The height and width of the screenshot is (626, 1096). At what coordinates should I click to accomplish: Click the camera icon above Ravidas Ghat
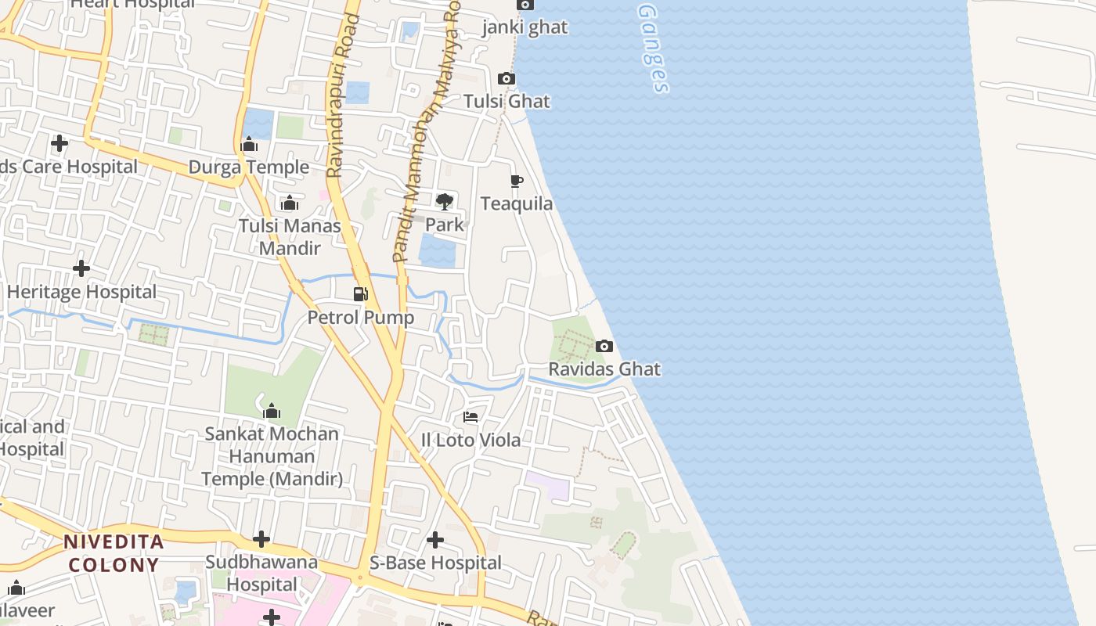604,346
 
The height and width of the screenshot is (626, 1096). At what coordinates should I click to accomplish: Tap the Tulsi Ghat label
507,101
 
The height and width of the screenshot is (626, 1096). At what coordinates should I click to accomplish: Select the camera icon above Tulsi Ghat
507,78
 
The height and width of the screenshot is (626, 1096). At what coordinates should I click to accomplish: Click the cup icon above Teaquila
517,181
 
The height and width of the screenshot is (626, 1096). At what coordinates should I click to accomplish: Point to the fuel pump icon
360,294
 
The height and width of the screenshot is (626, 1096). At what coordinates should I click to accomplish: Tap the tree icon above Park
445,201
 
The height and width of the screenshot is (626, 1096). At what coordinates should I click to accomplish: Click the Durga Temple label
249,167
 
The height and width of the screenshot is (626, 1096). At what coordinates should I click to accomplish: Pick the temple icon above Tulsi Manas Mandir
290,203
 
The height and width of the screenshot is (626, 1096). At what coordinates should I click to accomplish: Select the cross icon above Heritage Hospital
81,268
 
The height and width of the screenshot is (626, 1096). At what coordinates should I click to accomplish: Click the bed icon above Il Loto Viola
470,417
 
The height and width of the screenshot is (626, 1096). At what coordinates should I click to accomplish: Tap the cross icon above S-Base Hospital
435,540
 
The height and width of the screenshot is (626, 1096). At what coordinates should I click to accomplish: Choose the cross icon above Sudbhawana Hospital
261,539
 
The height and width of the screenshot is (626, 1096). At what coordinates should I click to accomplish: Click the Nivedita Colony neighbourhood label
114,552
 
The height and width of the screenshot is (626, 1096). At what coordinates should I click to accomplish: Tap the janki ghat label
525,27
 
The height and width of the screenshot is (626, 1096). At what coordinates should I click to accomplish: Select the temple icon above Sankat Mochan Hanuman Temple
272,411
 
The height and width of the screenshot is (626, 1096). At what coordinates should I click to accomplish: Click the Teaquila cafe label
517,203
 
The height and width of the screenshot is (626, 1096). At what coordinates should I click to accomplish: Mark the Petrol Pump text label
360,318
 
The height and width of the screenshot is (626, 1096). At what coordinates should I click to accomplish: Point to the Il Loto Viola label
470,440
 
